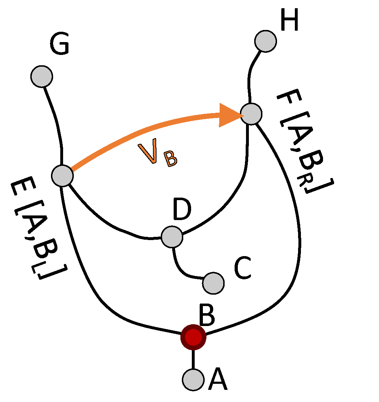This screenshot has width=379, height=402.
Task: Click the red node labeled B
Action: coord(193,337)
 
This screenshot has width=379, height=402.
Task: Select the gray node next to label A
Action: coord(193,379)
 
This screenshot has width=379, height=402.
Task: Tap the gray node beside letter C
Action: coord(213,283)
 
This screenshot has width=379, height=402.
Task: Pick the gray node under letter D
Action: coord(172,237)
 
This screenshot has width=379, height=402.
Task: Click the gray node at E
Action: coord(62,175)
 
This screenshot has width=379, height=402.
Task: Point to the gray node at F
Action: coord(251,114)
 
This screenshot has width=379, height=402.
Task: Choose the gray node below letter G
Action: coord(42,76)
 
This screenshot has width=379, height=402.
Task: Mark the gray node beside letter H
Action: coord(266,41)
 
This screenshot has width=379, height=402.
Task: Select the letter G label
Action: coord(59,46)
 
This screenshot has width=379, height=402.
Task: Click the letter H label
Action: coord(289,20)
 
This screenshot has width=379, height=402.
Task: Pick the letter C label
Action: coord(243,268)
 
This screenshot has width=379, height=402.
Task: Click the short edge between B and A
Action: coord(193,358)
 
